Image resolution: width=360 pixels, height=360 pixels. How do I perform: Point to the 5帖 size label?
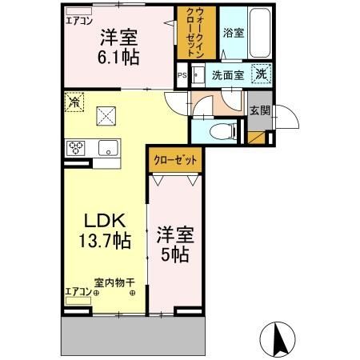click(x=175, y=258)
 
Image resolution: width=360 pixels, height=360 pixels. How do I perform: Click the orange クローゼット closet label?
click(x=175, y=159)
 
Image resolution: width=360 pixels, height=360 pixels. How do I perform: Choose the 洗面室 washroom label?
click(x=226, y=77)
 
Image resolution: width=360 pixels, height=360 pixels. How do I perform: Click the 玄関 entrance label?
click(x=258, y=111)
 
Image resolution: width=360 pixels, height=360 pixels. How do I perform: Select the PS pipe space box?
click(x=182, y=77)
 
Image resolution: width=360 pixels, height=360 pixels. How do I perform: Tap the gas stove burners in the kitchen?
click(x=78, y=147)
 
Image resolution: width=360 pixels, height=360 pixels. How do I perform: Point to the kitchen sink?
click(x=107, y=147)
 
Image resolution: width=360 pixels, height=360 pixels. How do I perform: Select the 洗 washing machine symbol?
click(x=262, y=74)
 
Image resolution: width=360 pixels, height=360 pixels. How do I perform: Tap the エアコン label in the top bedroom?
click(x=78, y=20)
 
